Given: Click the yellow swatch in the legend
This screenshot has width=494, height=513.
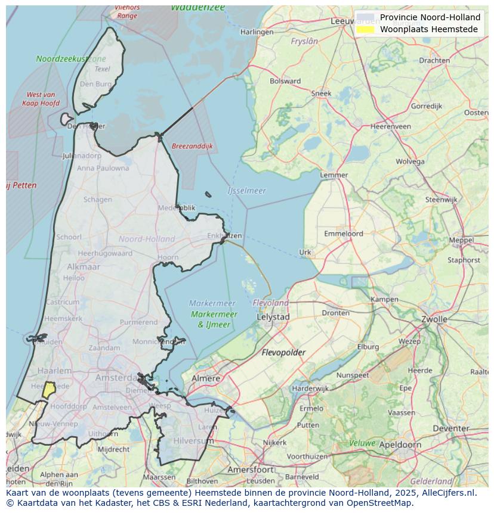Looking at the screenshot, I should pyautogui.click(x=365, y=29).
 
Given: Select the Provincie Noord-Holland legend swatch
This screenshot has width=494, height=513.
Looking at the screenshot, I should pyautogui.click(x=365, y=17).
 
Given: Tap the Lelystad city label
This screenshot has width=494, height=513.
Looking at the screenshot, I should pyautogui.click(x=273, y=317).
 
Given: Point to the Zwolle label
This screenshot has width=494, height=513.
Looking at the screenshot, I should pyautogui.click(x=434, y=319).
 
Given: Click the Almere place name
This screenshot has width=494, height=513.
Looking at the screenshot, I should pyautogui.click(x=206, y=378).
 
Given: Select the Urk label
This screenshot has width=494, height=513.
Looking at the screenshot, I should pyautogui.click(x=305, y=252).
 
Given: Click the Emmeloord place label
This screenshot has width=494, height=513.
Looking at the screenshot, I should pyautogui.click(x=343, y=234).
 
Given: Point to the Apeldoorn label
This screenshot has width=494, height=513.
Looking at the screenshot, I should pyautogui.click(x=400, y=444).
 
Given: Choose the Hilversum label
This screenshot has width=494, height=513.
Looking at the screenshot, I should pyautogui.click(x=193, y=440).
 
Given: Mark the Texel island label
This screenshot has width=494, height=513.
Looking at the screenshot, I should pyautogui.click(x=102, y=69).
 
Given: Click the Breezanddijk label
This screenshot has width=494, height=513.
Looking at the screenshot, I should pyautogui.click(x=192, y=146).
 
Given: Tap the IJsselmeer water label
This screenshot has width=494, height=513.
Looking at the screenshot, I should pyautogui.click(x=246, y=191).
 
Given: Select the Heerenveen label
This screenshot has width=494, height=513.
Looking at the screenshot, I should pyautogui.click(x=391, y=126).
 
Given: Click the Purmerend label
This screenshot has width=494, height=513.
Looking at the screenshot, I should pyautogui.click(x=138, y=322).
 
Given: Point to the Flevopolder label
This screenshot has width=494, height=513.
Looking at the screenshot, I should pyautogui.click(x=283, y=353).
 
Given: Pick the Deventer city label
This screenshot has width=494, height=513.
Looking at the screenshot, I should pyautogui.click(x=451, y=428).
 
